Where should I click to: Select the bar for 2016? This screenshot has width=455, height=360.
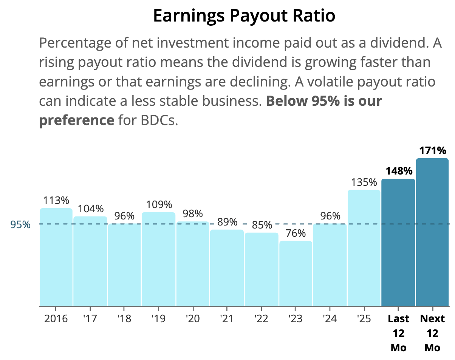point(56,257)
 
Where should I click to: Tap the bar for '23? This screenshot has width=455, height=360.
point(296,273)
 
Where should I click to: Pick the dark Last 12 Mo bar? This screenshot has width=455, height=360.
point(398,242)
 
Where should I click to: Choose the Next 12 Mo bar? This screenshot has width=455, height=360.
point(432,232)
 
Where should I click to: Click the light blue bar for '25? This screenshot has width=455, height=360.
point(364,248)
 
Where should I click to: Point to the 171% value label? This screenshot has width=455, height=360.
point(433,151)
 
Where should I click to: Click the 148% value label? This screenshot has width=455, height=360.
point(399,171)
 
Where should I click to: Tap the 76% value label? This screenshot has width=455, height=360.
point(296,233)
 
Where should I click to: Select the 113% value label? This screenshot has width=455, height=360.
point(56,200)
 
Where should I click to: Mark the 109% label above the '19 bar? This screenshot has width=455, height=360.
point(159,204)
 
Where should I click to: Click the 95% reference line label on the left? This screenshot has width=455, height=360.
point(20,224)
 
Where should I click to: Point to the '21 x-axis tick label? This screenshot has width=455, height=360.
point(226,318)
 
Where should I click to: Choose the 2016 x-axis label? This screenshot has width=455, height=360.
point(56,318)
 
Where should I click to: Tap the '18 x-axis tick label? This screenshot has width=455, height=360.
point(124,318)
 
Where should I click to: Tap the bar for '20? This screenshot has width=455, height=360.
point(193,264)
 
